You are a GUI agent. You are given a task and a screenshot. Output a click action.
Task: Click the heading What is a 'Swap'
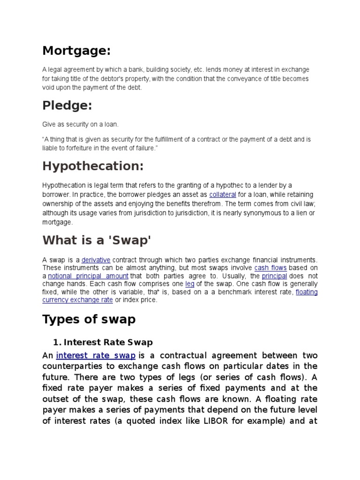click(97, 240)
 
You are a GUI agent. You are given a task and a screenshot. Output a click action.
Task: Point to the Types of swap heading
click(89, 319)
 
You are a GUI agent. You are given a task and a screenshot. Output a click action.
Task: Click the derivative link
click(96, 260)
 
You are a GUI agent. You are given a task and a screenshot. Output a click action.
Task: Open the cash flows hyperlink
click(270, 268)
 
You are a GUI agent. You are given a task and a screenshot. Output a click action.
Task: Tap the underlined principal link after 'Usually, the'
click(274, 276)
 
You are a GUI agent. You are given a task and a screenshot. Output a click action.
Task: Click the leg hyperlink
click(190, 284)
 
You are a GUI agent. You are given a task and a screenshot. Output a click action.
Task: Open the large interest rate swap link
click(96, 355)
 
